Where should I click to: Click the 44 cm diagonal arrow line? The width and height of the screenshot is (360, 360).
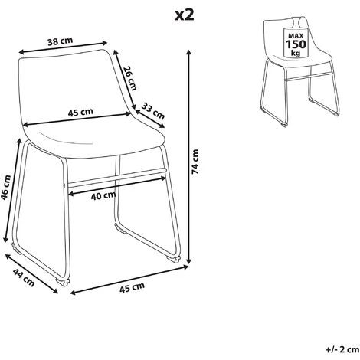pos(34,282)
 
